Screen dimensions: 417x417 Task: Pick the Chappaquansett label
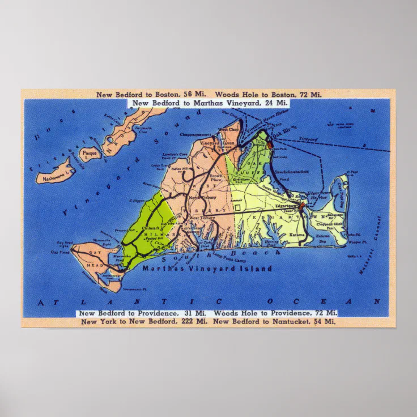(195, 135)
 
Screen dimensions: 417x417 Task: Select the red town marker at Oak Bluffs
(270, 144)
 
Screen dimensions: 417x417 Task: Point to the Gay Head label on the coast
(60, 252)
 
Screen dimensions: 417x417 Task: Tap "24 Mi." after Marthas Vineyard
(276, 103)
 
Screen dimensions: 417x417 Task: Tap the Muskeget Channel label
(371, 246)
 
